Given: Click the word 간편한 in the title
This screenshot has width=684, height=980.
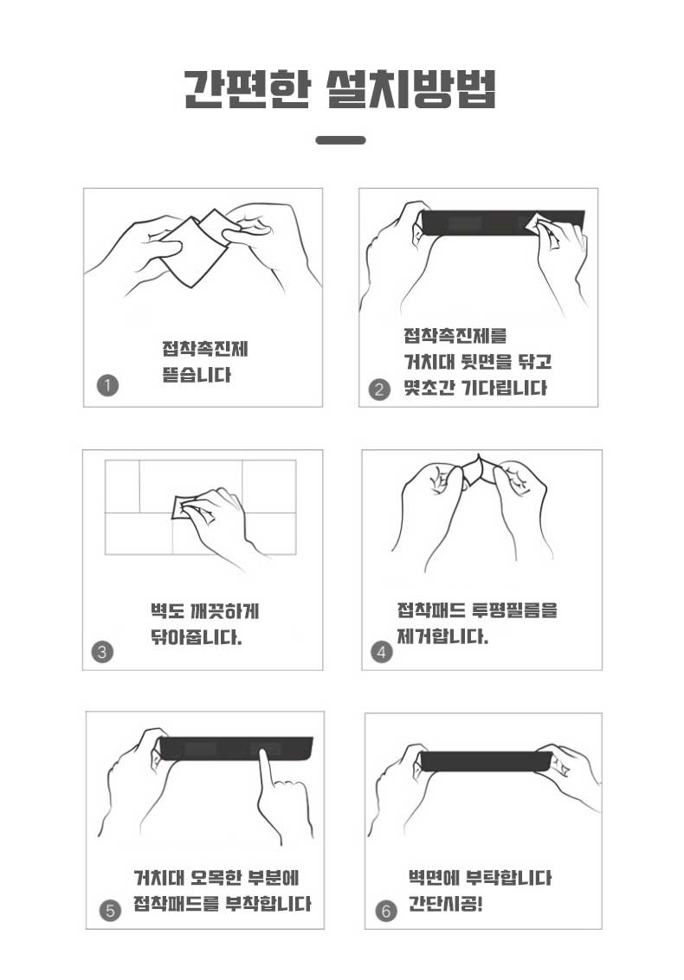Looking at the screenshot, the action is [x=248, y=89].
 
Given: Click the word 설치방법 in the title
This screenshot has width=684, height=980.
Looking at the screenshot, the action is [x=412, y=89].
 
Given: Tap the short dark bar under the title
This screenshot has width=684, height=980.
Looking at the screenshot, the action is [x=341, y=140].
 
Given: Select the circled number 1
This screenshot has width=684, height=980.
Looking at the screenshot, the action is [x=107, y=385].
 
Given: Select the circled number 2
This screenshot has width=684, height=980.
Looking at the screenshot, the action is [x=379, y=390].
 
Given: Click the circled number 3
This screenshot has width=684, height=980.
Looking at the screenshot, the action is [x=102, y=652].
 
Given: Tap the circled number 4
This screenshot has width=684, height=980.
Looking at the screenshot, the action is [x=381, y=653].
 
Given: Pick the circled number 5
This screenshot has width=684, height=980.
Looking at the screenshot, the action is [x=110, y=911].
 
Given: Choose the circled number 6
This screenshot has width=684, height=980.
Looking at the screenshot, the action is [x=386, y=912].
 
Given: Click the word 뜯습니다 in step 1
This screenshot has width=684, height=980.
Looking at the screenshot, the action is [x=197, y=375].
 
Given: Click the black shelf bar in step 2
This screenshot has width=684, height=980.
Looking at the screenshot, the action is [x=500, y=223].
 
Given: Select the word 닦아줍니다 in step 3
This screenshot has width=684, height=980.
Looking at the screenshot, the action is [x=196, y=637].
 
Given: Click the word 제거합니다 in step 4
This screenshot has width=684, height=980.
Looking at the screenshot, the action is [x=442, y=637].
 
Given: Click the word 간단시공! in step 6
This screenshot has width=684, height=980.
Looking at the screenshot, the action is [x=446, y=904].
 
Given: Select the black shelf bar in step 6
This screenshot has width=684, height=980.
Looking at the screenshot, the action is [x=487, y=761].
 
